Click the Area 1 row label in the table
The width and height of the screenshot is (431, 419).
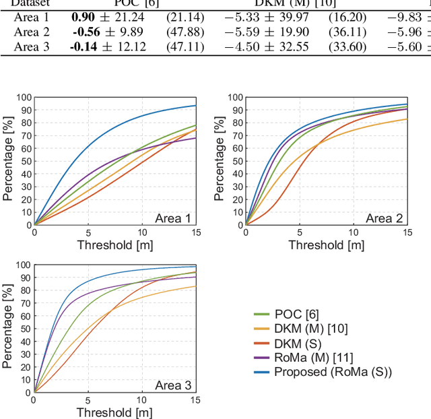[32, 17]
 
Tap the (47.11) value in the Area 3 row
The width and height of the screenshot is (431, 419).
[185, 46]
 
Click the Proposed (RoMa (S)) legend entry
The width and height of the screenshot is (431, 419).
[333, 372]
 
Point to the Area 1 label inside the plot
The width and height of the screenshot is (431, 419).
[173, 218]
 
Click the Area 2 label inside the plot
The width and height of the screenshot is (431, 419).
[384, 218]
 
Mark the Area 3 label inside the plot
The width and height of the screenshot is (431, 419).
[173, 385]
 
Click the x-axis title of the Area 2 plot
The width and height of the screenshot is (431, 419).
[326, 245]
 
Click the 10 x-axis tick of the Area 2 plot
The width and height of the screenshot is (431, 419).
[353, 232]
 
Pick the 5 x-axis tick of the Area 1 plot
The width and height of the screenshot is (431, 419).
[88, 232]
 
